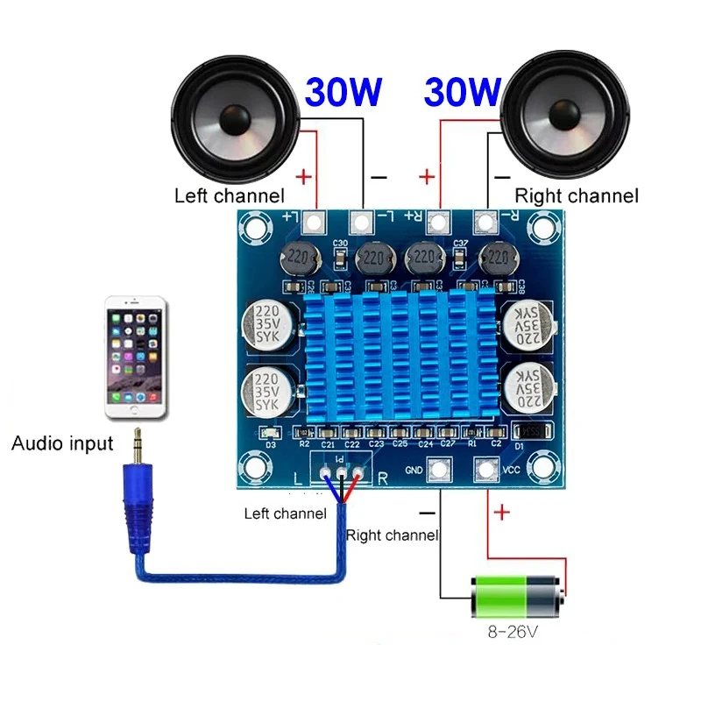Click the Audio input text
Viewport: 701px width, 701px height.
click(x=62, y=443)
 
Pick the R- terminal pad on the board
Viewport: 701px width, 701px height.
click(x=484, y=221)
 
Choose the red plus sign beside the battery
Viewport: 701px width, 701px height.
click(x=502, y=513)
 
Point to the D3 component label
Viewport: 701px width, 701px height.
click(x=271, y=444)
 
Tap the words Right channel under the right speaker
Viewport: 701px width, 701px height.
click(x=576, y=195)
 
